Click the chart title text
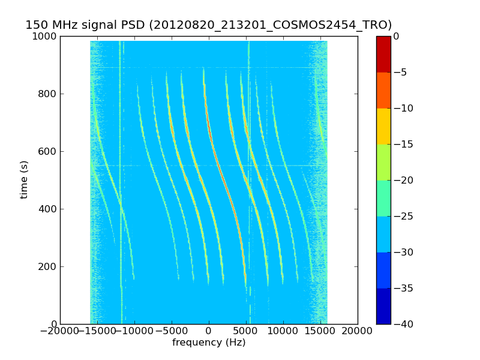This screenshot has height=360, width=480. pos(208,25)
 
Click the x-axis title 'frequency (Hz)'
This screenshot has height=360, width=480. pos(209,343)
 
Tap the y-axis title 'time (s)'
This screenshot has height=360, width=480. pos(25,179)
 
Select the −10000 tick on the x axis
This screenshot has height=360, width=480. pos(134,331)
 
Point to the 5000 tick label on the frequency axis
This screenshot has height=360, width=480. pos(246,331)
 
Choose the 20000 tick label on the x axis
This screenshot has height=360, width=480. pos(358,331)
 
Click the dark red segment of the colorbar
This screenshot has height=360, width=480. pos(383,54)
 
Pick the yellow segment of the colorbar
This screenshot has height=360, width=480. pos(383,126)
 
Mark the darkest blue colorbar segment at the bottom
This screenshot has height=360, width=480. pos(383,306)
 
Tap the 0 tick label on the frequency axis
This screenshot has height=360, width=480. pos(209,331)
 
